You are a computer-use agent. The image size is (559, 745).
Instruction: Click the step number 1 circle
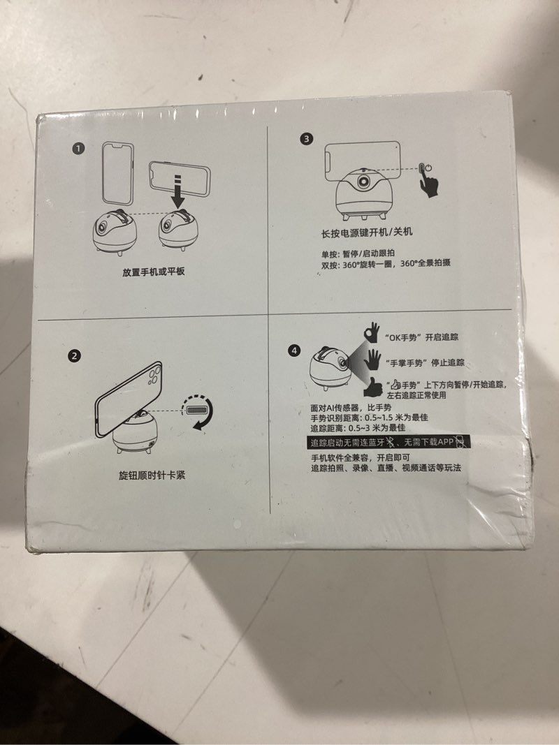coord(78,148)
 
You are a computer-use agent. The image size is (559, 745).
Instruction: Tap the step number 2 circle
coord(74,356)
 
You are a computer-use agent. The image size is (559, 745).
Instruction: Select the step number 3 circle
coord(306,139)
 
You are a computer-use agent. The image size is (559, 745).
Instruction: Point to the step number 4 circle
coord(295,351)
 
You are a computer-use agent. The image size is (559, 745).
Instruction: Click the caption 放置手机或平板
coord(154,272)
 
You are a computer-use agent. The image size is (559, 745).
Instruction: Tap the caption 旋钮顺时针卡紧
coord(152,475)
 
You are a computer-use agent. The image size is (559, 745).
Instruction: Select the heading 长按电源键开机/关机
coord(367,233)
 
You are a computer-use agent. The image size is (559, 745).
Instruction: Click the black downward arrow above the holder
coord(177,191)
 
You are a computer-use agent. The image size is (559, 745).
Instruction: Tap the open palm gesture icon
coord(372,360)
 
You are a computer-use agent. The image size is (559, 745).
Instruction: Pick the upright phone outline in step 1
coord(118,174)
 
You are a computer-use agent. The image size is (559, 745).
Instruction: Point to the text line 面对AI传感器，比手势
coord(351,408)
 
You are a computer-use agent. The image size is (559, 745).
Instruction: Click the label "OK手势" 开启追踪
coord(421,337)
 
